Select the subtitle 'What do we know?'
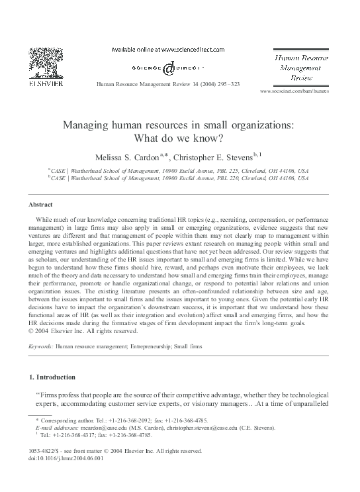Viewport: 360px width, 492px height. [x=179, y=138]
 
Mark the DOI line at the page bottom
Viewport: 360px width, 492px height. [x=60, y=475]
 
